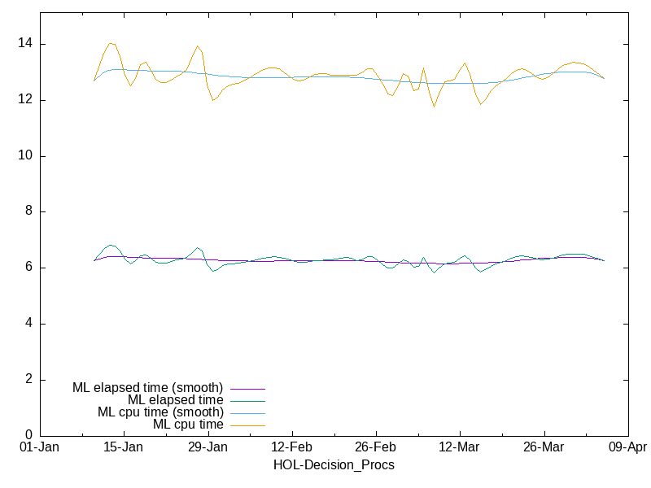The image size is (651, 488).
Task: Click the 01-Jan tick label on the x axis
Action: (x=39, y=447)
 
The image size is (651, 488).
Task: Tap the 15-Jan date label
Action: (x=123, y=447)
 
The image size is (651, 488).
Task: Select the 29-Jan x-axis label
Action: (x=208, y=447)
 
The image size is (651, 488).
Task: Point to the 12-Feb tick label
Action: (x=291, y=447)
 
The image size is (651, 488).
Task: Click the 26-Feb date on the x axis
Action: (x=375, y=447)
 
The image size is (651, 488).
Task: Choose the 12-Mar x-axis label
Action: (x=459, y=447)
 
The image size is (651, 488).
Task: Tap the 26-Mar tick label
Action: (x=543, y=447)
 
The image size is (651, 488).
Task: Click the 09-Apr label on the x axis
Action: (x=627, y=447)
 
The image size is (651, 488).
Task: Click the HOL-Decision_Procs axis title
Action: (x=333, y=465)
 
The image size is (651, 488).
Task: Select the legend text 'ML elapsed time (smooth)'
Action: (x=147, y=388)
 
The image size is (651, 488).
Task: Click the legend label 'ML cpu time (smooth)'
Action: (x=160, y=412)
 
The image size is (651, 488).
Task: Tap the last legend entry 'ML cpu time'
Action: (x=188, y=425)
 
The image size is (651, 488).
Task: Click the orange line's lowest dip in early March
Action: (x=434, y=107)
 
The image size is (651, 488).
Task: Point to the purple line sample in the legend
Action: (x=247, y=389)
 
